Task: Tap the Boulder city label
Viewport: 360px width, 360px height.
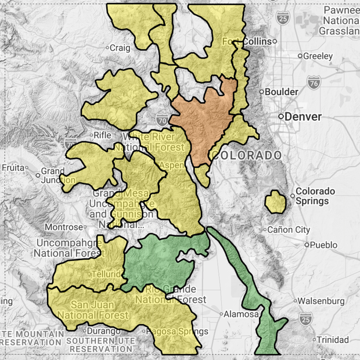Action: pos(282,92)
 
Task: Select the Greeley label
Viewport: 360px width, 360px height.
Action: pos(318,56)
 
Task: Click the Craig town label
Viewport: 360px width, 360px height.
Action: pos(120,48)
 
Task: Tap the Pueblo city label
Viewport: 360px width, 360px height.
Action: pos(323,245)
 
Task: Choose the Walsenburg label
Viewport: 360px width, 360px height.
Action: pos(324,301)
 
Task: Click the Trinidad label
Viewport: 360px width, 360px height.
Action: pos(333,339)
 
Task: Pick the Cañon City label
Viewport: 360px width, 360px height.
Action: pos(288,230)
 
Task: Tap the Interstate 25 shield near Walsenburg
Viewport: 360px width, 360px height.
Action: pos(306,318)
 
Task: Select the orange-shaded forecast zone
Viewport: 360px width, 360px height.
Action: pos(206,119)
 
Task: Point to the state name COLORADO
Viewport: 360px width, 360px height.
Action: pos(247,156)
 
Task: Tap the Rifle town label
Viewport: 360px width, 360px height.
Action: pos(102,135)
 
